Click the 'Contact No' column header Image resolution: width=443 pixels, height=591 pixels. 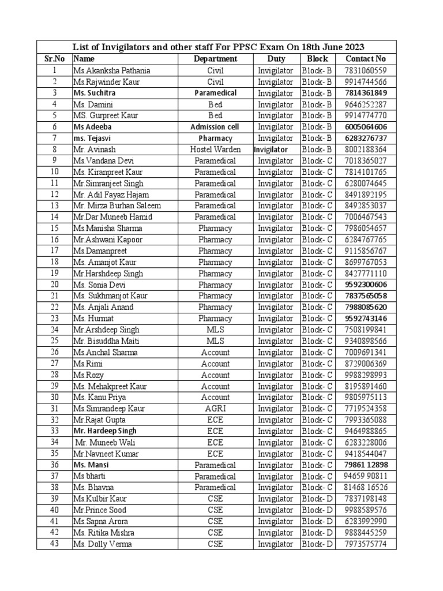coord(365,59)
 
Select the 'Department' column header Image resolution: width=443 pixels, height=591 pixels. coord(215,59)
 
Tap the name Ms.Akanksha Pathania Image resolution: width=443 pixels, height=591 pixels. coord(111,70)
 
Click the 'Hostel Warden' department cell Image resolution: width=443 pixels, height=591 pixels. coord(215,149)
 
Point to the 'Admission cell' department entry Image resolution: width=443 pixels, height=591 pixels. coord(215,127)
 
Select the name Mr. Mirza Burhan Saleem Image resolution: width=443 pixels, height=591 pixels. coord(117,206)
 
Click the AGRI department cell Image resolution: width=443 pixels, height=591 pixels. coord(215,409)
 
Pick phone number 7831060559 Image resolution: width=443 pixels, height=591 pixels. coord(366,70)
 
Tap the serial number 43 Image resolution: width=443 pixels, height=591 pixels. coord(54,544)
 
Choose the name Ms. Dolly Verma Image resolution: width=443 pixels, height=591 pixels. coord(103,544)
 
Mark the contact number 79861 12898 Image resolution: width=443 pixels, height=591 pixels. coord(366,465)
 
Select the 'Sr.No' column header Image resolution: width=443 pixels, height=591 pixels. coord(55,59)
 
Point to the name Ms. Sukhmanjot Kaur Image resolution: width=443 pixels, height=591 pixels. coord(110,296)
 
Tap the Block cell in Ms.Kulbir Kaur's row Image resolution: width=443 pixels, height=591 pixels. coord(317,499)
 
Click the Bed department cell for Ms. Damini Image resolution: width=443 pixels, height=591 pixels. coord(215,104)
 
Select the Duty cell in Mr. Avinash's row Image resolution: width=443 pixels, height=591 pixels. coord(271,149)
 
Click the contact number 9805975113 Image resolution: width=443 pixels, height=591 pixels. coord(366,398)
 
